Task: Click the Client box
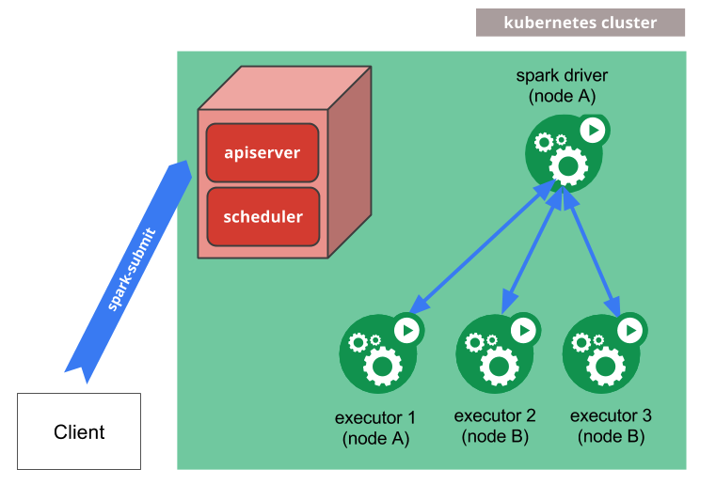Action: pyautogui.click(x=79, y=431)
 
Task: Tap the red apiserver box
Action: pyautogui.click(x=263, y=151)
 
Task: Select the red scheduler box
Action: pyautogui.click(x=263, y=216)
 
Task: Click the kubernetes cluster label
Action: pyautogui.click(x=580, y=23)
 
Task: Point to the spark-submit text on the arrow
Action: pyautogui.click(x=132, y=269)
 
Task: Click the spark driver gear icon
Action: pyautogui.click(x=563, y=154)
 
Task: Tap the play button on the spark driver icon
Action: pyautogui.click(x=593, y=130)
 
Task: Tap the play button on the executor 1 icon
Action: pyautogui.click(x=407, y=330)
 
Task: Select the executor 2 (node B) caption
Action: pyautogui.click(x=495, y=426)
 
